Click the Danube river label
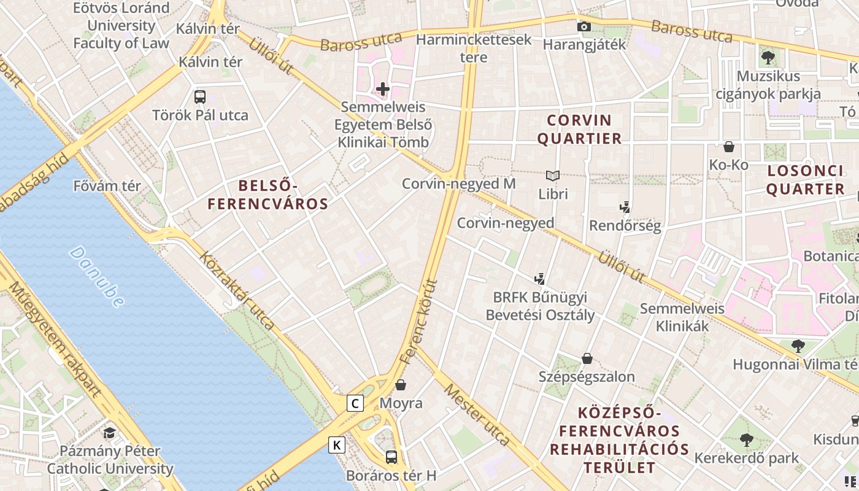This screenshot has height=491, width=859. coord(97,276)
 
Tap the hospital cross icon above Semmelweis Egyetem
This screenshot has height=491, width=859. coord(383,89)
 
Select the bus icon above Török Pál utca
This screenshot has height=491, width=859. coord(200,96)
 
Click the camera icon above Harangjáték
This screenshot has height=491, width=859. coord(584,26)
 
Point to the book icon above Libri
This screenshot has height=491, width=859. coord(553,176)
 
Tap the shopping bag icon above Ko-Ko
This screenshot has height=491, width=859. coord(729,147)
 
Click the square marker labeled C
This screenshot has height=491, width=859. coord(355,403)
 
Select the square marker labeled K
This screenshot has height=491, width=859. coord(337,444)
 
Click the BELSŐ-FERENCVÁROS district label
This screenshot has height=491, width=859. coord(268,195)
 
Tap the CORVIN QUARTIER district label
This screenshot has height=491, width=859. coord(579,129)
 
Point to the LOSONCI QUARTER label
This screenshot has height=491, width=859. coord(805,180)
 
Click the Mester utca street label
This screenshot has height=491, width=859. coord(477,415)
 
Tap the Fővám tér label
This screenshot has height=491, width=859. coord(107,185)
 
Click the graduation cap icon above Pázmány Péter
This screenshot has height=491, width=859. coord(109,433)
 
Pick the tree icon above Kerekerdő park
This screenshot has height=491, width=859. coord(746,440)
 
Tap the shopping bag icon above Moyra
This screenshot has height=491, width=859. coord(401,385)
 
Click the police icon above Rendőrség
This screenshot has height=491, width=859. coord(625,207)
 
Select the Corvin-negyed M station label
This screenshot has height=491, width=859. coord(458,184)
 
